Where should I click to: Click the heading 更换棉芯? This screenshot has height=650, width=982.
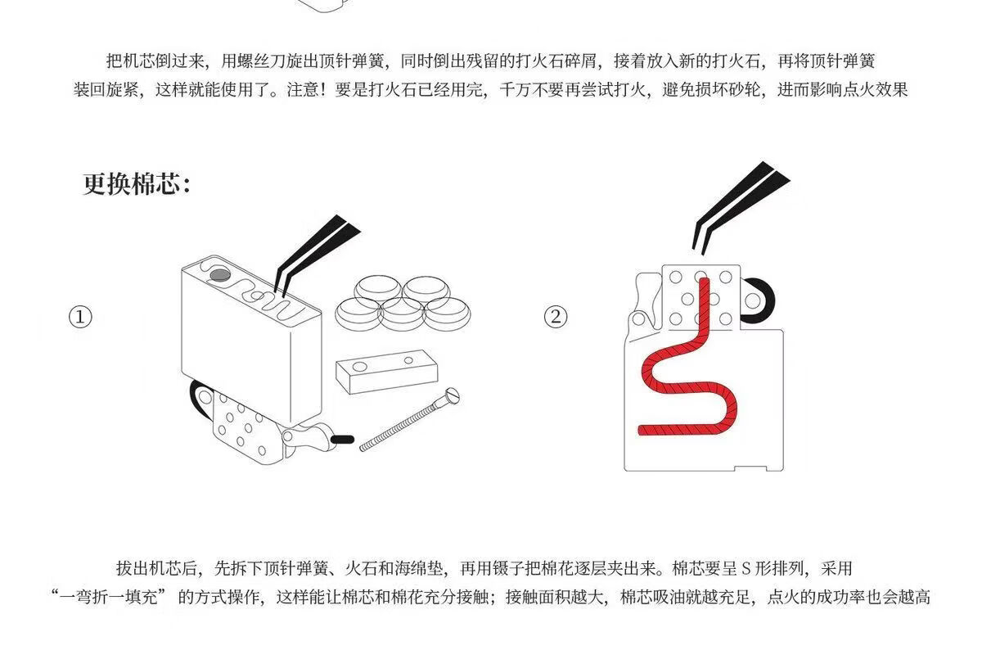click(x=137, y=183)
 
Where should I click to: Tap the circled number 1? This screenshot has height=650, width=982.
click(x=79, y=317)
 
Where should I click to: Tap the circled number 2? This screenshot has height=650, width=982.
click(x=556, y=317)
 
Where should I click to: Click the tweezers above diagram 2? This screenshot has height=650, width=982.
click(x=732, y=205)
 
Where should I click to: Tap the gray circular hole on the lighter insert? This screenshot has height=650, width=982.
click(x=219, y=278)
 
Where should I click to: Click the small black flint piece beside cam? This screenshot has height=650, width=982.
click(x=343, y=440)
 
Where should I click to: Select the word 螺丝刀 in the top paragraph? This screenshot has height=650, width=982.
click(x=259, y=61)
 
